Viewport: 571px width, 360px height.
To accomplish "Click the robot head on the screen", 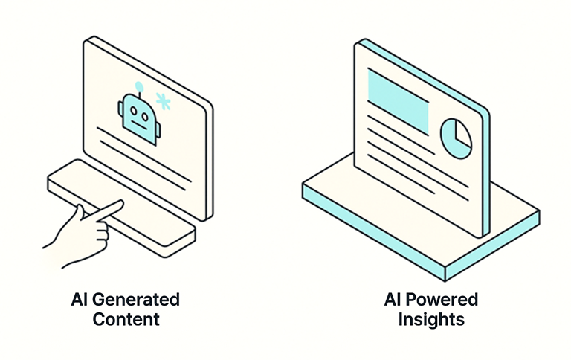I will point(139,116).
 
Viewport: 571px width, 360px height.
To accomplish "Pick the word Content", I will point(126,320).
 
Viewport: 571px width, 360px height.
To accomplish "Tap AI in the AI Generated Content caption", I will point(79,300).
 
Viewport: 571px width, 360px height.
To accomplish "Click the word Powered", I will point(442,300).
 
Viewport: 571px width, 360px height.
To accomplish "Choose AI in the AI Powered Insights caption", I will point(392,300).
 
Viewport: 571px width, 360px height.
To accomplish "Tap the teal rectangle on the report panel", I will point(398,103).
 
